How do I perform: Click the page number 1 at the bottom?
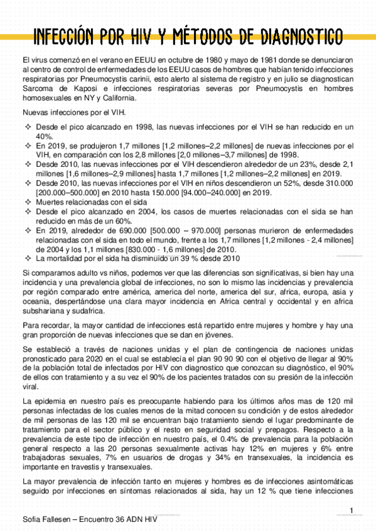[352, 509]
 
